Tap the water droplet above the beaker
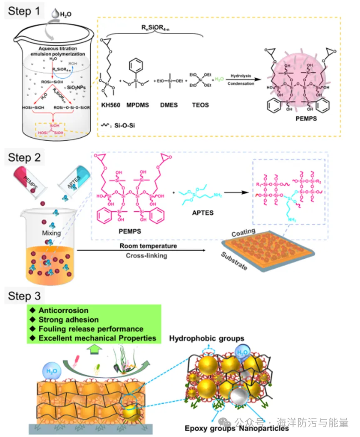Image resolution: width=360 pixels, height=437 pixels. point(55,14)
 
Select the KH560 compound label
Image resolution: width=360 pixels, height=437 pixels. point(109,105)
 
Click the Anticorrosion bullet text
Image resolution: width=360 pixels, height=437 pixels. point(63,310)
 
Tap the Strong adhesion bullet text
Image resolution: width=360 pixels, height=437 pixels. point(68,320)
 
